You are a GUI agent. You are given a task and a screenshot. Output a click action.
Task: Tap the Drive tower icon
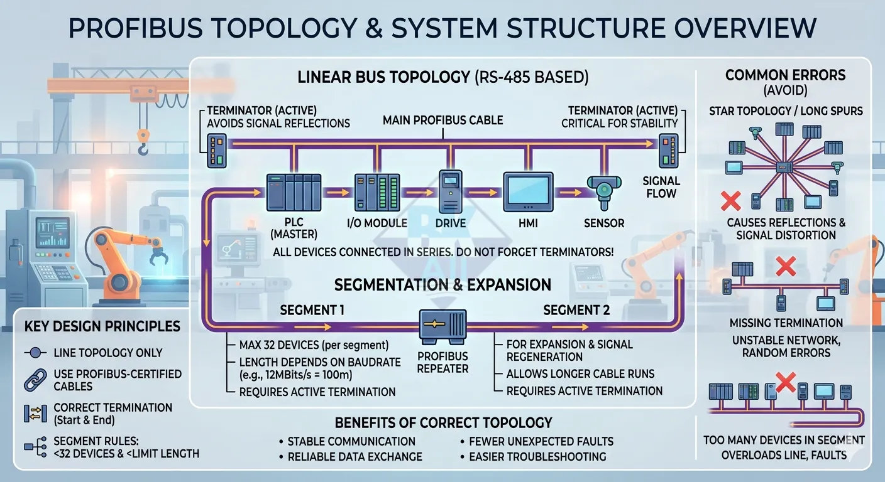tap(451, 192)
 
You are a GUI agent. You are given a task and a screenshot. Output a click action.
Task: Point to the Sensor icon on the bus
tap(603, 191)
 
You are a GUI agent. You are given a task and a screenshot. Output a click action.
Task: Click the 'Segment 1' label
tap(312, 310)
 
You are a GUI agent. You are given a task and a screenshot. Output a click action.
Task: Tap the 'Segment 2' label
tap(576, 310)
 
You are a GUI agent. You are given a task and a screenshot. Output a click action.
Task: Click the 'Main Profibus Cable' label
tap(443, 120)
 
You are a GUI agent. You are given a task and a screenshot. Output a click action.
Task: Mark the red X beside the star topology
tap(730, 201)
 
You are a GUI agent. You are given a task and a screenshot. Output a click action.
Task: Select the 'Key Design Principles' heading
tap(102, 326)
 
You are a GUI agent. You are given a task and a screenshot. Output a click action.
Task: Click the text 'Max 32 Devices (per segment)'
tap(314, 345)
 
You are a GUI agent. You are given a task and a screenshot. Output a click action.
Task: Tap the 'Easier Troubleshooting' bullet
tap(537, 456)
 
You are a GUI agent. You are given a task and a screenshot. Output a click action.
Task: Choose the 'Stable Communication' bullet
tap(351, 441)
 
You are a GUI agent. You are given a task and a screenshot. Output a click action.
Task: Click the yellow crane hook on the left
tap(144, 141)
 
